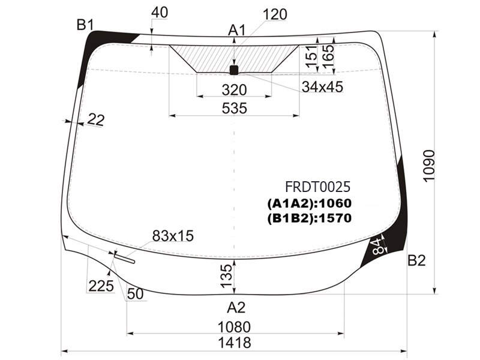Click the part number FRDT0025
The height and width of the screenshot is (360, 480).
pyautogui.click(x=317, y=187)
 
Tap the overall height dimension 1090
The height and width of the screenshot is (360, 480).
pyautogui.click(x=428, y=166)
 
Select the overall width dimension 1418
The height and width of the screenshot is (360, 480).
pyautogui.click(x=235, y=342)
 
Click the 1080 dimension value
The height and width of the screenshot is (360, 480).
pyautogui.click(x=234, y=327)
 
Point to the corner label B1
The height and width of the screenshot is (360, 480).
pyautogui.click(x=85, y=25)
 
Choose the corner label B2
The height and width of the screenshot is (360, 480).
pyautogui.click(x=416, y=260)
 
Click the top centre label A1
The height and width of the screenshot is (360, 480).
pyautogui.click(x=237, y=31)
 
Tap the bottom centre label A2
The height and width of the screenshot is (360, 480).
pyautogui.click(x=236, y=307)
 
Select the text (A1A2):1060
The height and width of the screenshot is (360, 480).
pyautogui.click(x=310, y=203)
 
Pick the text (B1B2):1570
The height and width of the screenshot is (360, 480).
pyautogui.click(x=310, y=218)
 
